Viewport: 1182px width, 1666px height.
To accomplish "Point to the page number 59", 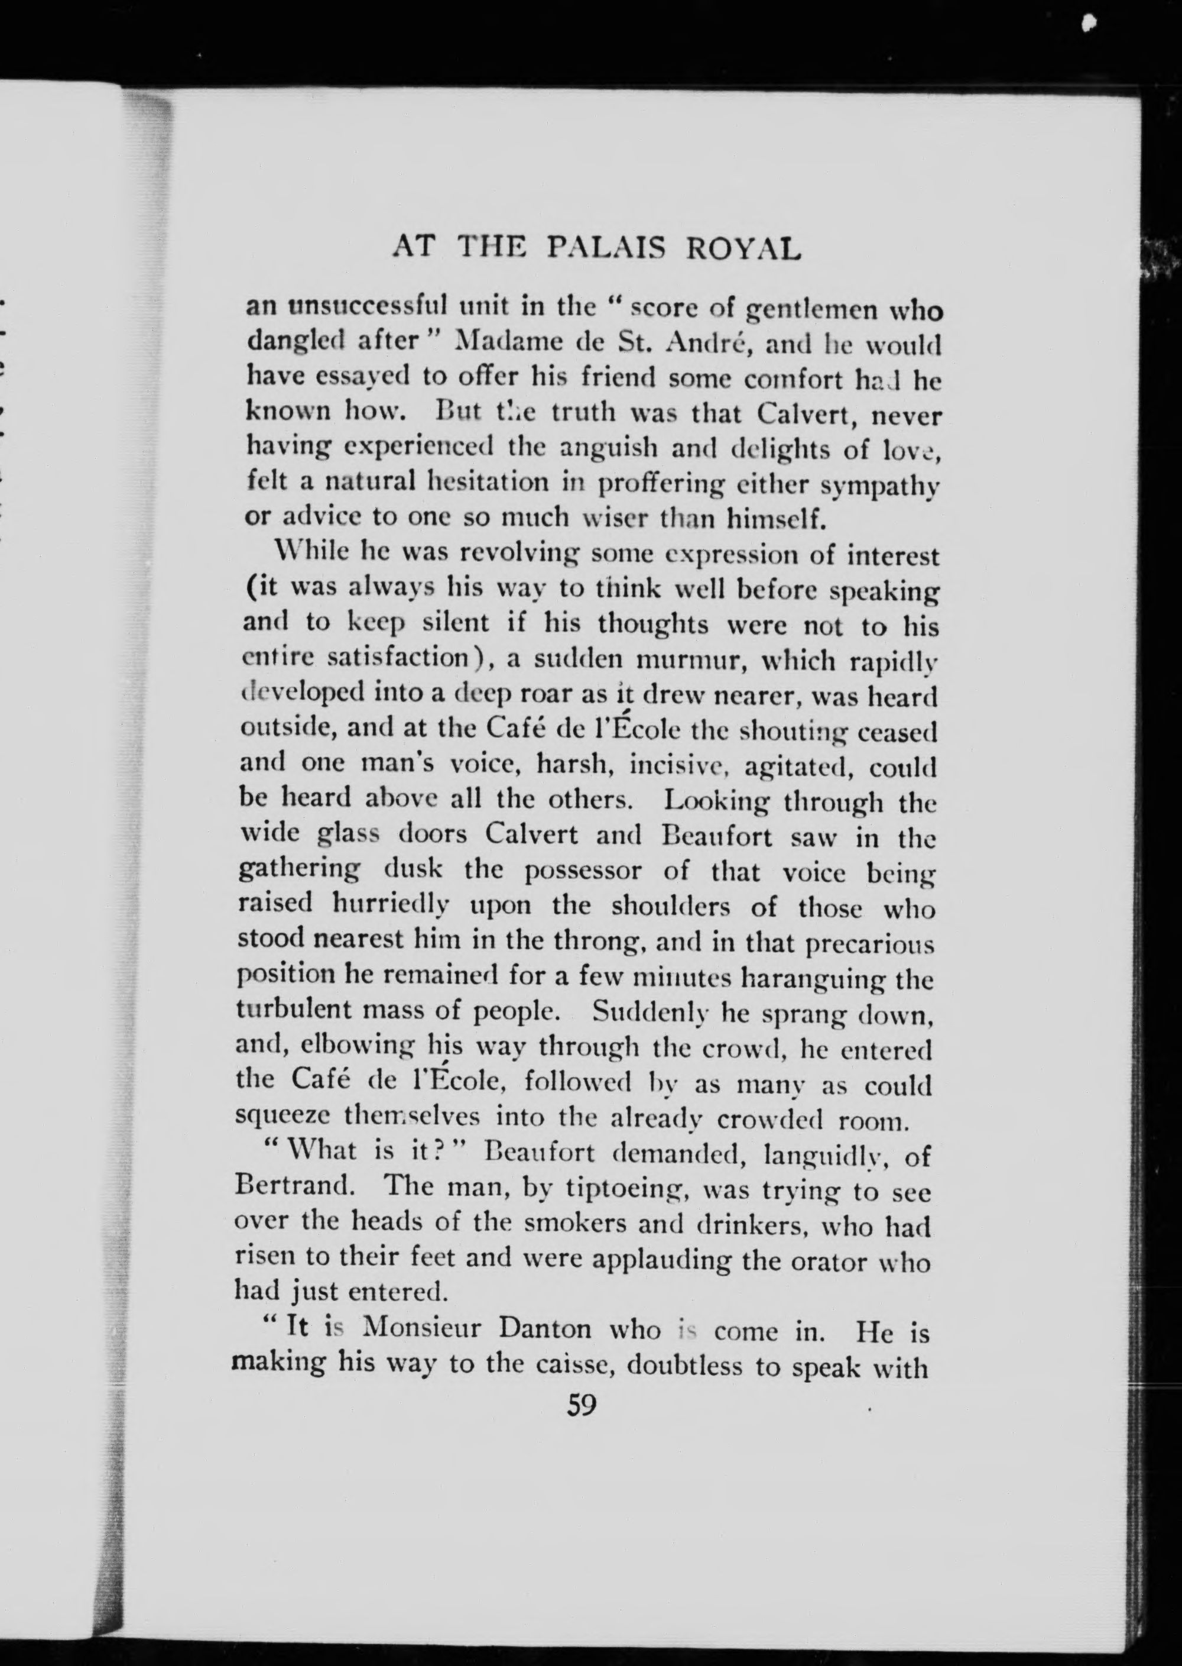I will pyautogui.click(x=582, y=1405).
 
